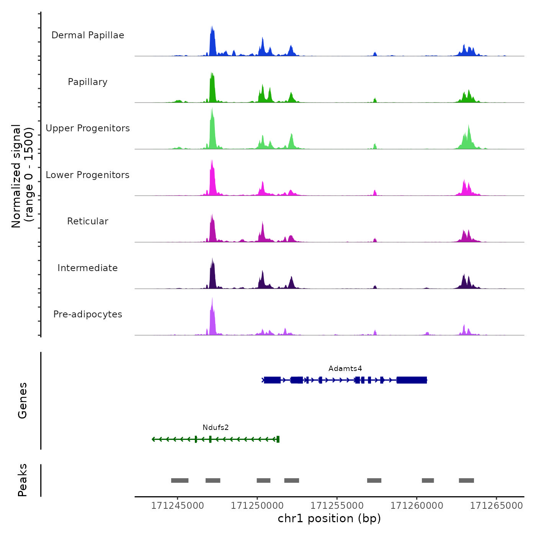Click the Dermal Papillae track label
pos(88,35)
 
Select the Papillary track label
pos(88,82)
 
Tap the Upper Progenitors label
pos(88,128)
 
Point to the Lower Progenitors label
pos(88,175)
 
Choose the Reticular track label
pos(88,221)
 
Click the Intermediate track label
pos(88,268)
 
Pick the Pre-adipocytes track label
pos(88,314)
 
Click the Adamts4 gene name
pos(345,369)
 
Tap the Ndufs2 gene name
pos(216,428)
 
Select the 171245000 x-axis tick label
pos(177,506)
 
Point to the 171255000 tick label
pos(337,506)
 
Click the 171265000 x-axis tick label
pos(496,506)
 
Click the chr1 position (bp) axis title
pos(329,518)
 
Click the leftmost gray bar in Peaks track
pos(180,480)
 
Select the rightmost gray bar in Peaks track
pos(466,480)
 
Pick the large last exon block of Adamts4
pos(412,380)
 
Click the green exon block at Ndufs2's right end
pos(278,439)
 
